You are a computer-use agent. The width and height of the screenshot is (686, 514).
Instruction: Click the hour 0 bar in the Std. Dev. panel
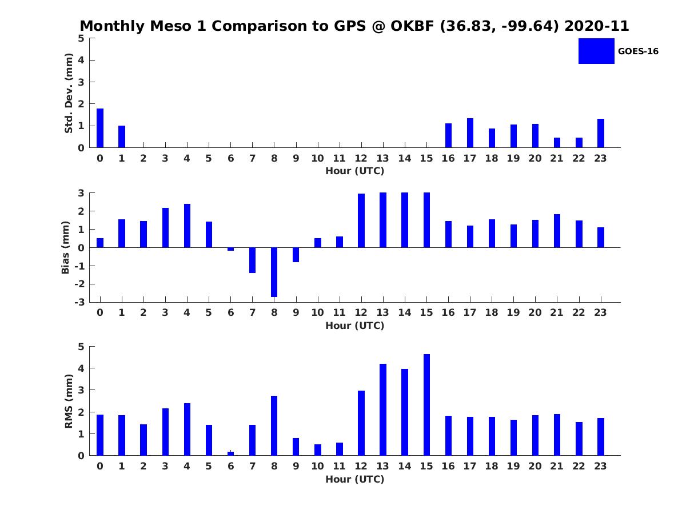[100, 128]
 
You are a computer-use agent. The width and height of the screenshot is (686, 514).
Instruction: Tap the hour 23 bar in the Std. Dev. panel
[601, 133]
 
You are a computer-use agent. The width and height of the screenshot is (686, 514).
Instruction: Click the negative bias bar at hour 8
[274, 272]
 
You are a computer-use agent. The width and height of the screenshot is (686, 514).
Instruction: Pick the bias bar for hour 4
[187, 226]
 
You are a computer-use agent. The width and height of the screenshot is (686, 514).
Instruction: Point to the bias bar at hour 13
[383, 220]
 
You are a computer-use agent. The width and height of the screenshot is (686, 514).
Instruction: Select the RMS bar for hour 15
[426, 405]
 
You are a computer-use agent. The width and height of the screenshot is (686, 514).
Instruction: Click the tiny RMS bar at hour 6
[230, 453]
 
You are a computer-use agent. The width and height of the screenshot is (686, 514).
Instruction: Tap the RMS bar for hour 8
[274, 425]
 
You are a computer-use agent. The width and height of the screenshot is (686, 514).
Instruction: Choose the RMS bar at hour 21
[557, 435]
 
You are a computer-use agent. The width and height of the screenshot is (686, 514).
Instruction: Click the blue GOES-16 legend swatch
[596, 51]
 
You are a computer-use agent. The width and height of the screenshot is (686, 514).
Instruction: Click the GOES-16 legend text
[638, 51]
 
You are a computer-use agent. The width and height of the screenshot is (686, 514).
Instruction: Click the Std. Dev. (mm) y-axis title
[69, 93]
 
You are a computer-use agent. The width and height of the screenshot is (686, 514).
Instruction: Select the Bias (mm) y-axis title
[66, 247]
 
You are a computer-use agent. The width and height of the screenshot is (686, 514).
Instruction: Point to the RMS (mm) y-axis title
[69, 401]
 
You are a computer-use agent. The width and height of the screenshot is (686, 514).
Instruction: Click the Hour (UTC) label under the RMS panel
[355, 479]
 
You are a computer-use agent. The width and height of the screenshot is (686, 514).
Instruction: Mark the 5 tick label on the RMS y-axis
[82, 347]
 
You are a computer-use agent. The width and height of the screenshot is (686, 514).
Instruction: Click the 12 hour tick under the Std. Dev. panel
[361, 158]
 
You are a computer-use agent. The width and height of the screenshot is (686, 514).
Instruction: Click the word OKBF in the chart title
[409, 26]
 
